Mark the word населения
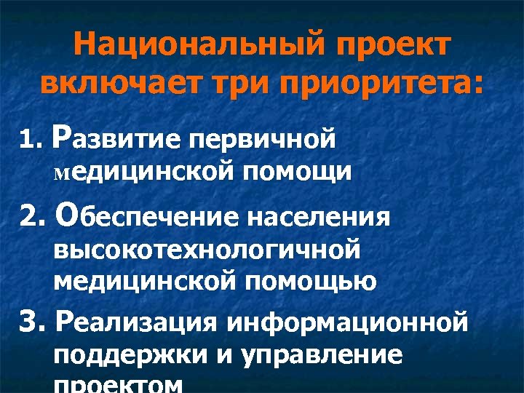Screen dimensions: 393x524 (319, 216)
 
